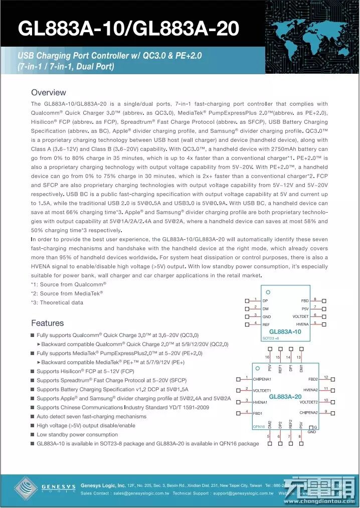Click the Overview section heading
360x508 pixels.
click(x=48, y=92)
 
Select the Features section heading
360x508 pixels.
click(x=47, y=323)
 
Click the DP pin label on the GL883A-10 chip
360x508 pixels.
click(x=265, y=300)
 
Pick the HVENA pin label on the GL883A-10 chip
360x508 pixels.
click(x=302, y=324)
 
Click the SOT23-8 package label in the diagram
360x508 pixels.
click(x=271, y=338)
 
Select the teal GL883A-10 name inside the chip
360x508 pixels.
click(x=285, y=332)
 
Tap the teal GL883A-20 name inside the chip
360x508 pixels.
click(x=285, y=397)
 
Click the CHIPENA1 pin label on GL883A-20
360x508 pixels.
click(x=262, y=379)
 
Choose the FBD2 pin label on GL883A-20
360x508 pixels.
click(x=313, y=379)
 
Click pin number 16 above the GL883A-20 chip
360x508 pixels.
click(x=267, y=357)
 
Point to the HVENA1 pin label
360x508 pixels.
click(x=260, y=402)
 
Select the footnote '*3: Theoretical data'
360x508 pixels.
click(x=57, y=302)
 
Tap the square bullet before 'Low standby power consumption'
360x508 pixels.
click(x=33, y=435)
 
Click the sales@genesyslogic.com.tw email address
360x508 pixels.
click(x=140, y=493)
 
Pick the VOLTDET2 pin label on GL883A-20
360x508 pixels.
click(x=309, y=402)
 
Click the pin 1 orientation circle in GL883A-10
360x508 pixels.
click(x=268, y=292)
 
